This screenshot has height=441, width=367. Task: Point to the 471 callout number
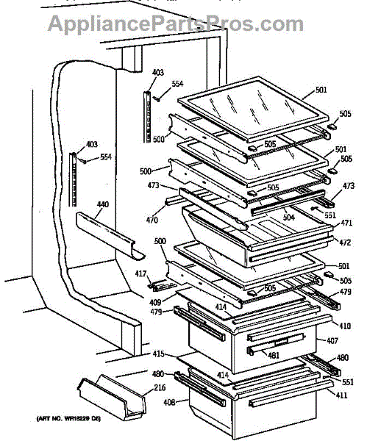click(x=346, y=223)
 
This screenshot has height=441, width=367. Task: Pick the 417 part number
click(x=140, y=274)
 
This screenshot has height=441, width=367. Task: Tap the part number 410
click(x=344, y=324)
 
